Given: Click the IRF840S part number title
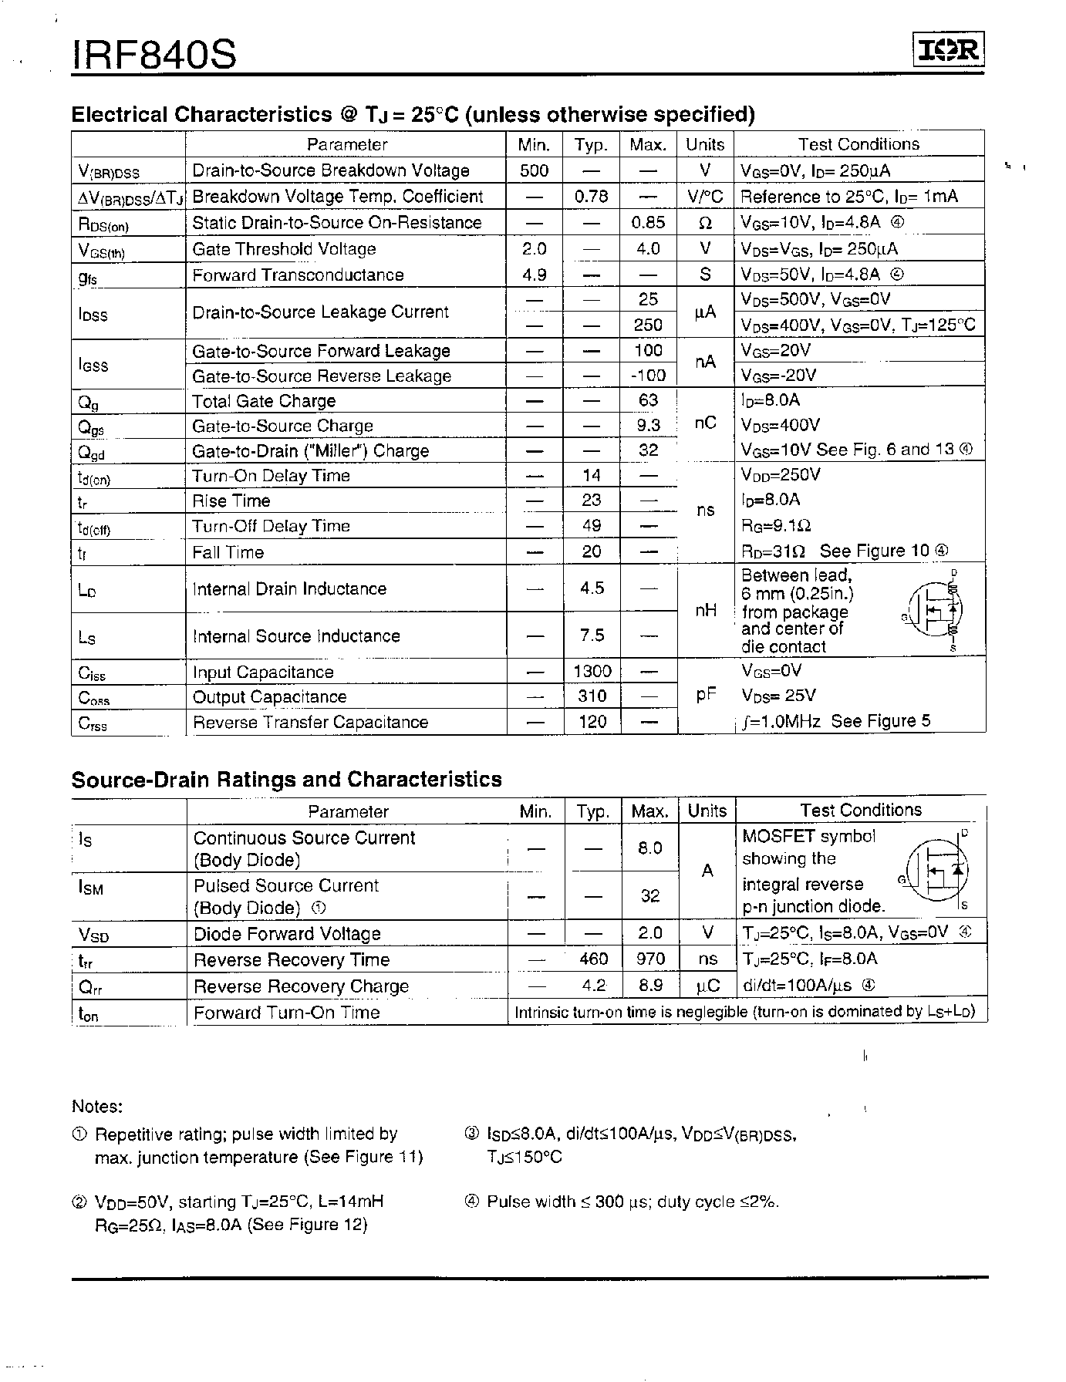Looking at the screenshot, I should (154, 55).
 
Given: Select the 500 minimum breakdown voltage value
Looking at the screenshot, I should (535, 170).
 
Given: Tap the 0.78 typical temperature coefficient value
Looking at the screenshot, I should (591, 196).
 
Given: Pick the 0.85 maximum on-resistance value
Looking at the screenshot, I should (648, 222).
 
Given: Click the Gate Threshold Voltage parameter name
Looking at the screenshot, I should (284, 249).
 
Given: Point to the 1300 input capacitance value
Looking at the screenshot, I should (592, 672).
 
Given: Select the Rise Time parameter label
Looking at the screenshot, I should (231, 501).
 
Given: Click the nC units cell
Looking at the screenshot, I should (705, 423).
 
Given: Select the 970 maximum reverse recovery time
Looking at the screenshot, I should (649, 959).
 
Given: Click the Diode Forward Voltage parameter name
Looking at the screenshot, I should (287, 934).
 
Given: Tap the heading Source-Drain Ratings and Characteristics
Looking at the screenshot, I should (286, 779).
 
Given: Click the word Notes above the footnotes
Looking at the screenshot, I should (97, 1107).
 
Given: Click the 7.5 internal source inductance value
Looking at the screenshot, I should (592, 635).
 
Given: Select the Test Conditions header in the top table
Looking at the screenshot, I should (859, 144).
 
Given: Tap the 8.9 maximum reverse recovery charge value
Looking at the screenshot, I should (649, 986).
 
